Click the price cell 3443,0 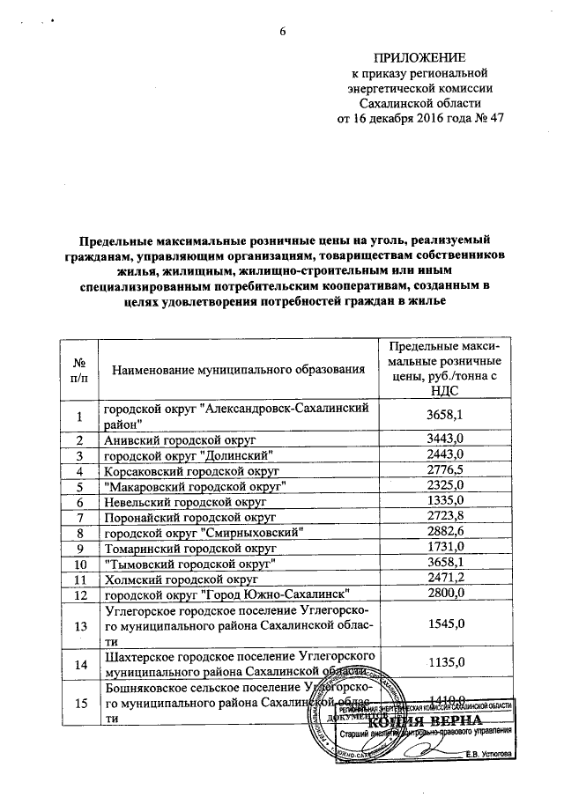444,439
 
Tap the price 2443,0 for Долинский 444,454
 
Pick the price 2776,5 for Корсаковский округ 444,471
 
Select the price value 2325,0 444,486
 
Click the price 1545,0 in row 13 444,626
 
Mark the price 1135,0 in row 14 444,664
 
